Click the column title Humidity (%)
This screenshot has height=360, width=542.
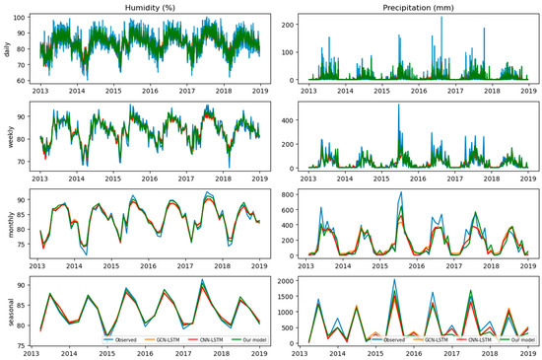[150, 7]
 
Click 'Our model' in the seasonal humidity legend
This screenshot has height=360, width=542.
[242, 339]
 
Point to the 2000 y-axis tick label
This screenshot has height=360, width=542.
[288, 281]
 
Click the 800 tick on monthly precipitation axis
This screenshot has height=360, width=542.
[291, 193]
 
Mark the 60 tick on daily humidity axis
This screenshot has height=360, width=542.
[20, 80]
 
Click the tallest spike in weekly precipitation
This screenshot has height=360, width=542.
[399, 105]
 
